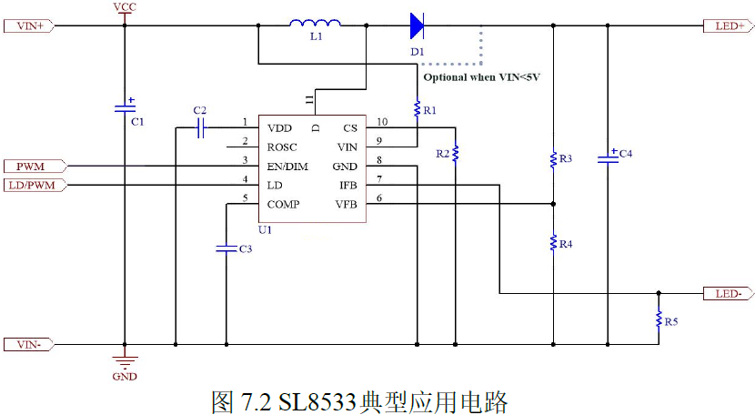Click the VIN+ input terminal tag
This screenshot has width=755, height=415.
31,25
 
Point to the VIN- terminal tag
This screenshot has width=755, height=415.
31,345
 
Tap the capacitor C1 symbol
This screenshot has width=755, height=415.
125,108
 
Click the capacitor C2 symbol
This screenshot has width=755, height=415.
201,128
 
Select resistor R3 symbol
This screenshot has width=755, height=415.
553,159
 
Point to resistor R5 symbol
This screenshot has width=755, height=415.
659,319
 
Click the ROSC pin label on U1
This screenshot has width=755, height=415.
282,147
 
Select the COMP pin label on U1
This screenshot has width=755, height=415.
283,204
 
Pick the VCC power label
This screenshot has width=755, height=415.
125,7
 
